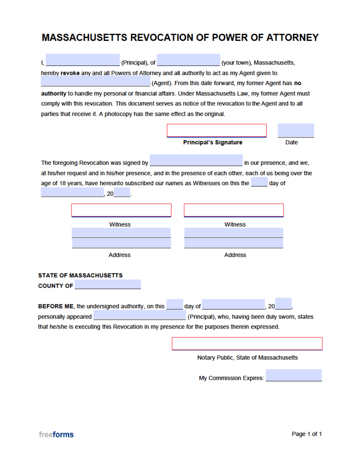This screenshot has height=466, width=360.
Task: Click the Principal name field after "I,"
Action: click(x=82, y=60)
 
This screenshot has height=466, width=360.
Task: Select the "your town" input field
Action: click(x=188, y=60)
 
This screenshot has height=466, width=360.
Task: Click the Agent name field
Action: click(x=95, y=82)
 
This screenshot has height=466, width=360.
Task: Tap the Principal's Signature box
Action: click(x=217, y=131)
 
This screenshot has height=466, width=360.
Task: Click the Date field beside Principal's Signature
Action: click(x=296, y=131)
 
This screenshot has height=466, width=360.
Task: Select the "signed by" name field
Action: click(x=196, y=161)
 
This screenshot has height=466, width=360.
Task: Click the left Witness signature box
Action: click(x=121, y=210)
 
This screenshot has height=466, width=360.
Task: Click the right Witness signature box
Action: click(x=233, y=210)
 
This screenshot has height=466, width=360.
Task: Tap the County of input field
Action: click(x=108, y=285)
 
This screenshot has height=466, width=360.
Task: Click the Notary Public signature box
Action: click(x=247, y=344)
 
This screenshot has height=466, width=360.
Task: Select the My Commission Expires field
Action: click(x=294, y=375)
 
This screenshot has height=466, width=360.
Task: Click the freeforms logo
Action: click(x=56, y=434)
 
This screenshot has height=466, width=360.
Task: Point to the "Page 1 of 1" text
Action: click(x=306, y=434)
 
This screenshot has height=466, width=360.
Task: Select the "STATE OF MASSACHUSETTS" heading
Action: click(x=80, y=275)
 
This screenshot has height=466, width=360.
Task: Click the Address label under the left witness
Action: click(x=120, y=255)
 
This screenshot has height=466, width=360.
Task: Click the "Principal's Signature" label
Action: click(x=213, y=142)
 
